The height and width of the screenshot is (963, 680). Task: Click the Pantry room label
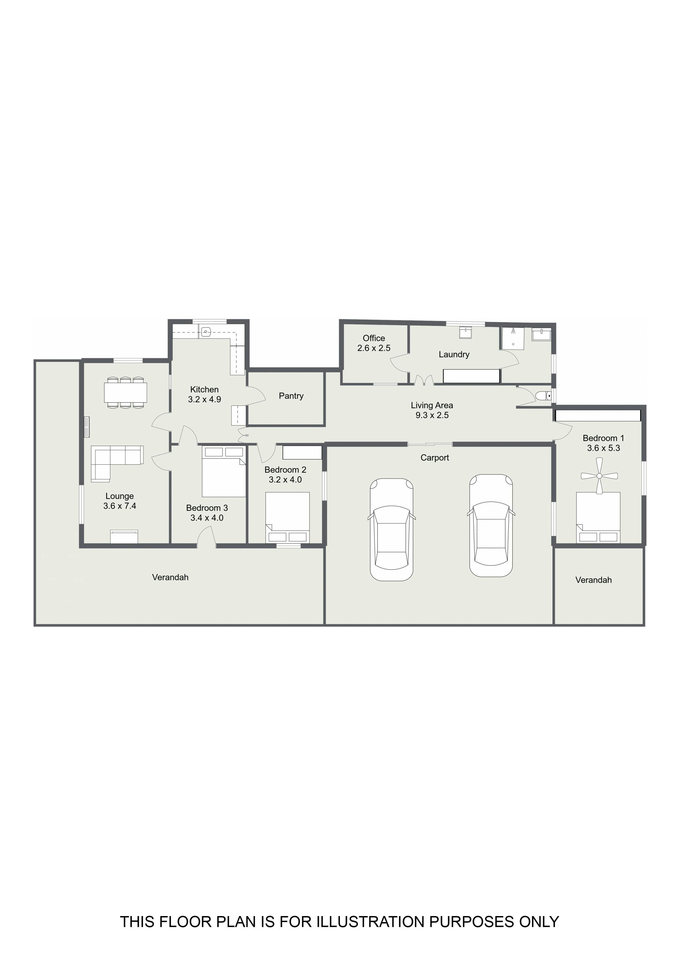[x=291, y=396]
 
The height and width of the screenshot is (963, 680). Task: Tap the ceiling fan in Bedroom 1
[x=599, y=476]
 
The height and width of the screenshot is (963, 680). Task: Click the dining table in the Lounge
[x=126, y=392]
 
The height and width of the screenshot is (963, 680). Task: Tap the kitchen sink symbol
[x=206, y=332]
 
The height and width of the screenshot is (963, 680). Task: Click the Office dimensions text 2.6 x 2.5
[x=374, y=348]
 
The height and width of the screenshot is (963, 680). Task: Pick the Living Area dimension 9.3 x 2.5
[x=432, y=415]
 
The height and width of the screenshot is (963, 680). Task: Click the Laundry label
[x=454, y=354]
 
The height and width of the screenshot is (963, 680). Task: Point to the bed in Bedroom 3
[x=224, y=471]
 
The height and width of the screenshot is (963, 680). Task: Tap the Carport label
[x=435, y=458]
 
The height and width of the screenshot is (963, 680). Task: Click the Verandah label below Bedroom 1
[x=594, y=580]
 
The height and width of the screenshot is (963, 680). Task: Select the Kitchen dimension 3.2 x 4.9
[x=205, y=399]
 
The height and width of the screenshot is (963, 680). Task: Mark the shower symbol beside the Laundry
[x=513, y=338]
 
